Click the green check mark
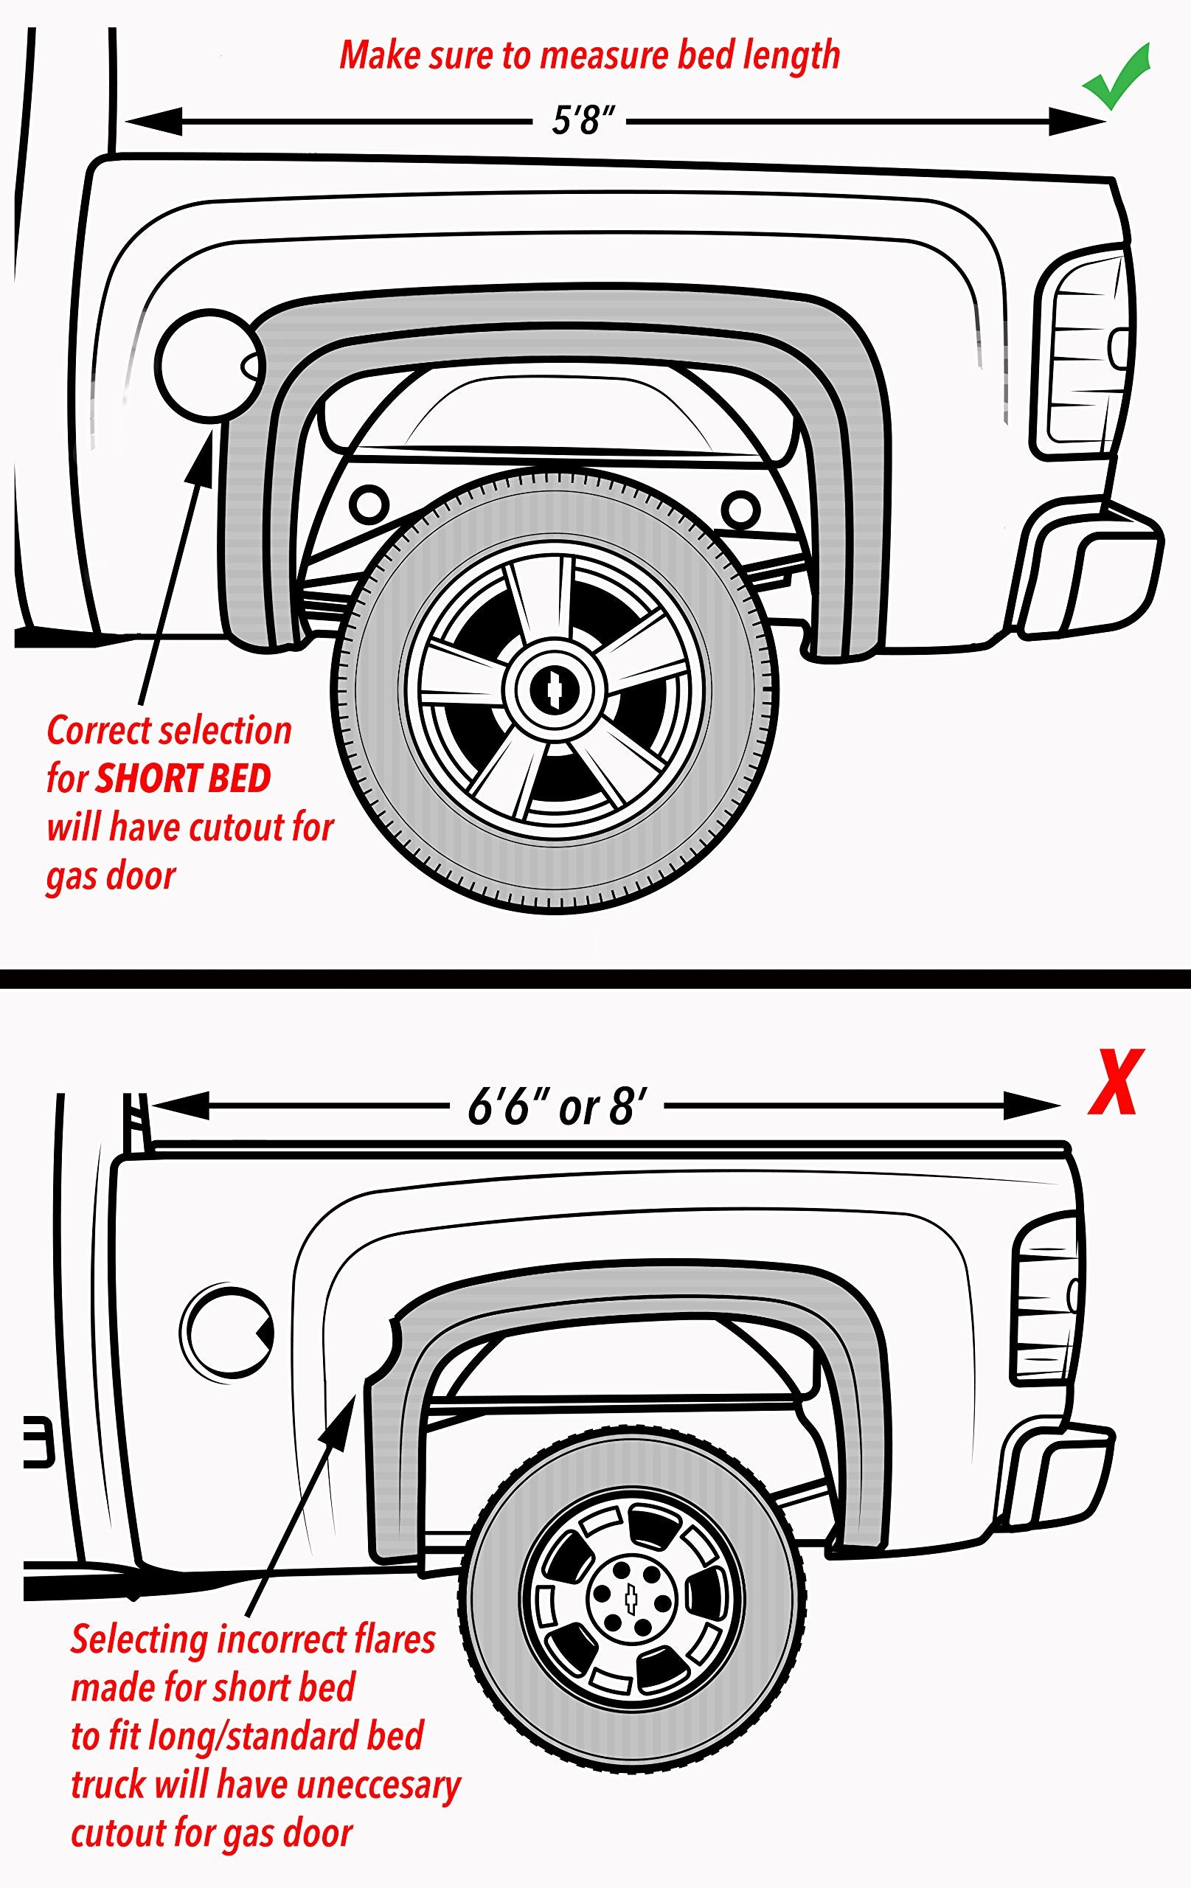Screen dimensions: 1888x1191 (1117, 78)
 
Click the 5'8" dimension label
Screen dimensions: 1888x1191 (582, 121)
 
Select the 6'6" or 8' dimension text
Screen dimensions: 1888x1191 (558, 1107)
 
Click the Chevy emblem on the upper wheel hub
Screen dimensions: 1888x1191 (555, 687)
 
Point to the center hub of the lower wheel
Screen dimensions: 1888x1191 (632, 1603)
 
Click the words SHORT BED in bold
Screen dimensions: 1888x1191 (183, 780)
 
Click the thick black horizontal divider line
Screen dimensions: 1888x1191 (595, 979)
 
